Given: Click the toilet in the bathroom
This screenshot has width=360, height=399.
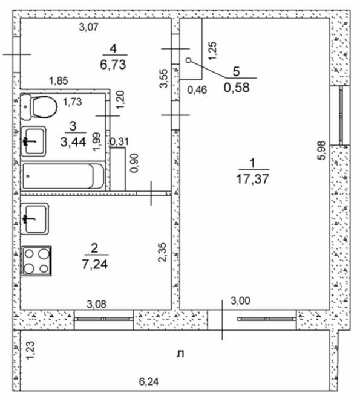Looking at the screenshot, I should click(39, 108).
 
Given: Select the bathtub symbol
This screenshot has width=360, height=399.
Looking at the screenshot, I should click(58, 177).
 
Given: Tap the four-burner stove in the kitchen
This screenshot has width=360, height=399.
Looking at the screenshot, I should click(36, 261).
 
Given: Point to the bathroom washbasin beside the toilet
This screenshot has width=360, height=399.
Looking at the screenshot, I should click(34, 141).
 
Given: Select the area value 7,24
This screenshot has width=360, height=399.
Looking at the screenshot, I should click(94, 264).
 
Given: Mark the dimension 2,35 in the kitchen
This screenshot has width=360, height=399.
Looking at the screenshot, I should click(162, 251).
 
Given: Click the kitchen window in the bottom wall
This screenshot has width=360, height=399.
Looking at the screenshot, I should click(103, 319).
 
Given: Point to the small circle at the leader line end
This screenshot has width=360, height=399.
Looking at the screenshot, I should click(188, 60).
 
